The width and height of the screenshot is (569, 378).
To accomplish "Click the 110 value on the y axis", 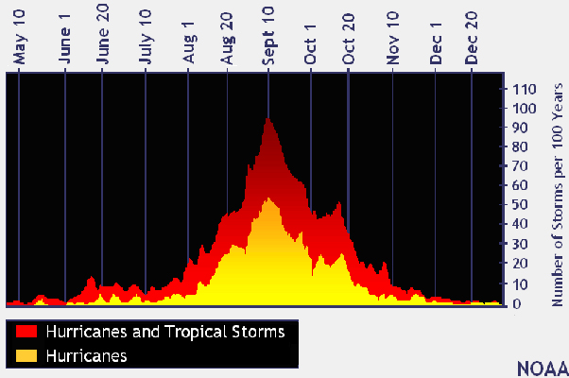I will click(525, 89).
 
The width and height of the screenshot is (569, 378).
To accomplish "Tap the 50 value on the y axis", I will click(521, 206).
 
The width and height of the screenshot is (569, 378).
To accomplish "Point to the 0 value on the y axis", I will click(517, 304).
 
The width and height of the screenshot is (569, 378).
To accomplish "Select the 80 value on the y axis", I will click(521, 147).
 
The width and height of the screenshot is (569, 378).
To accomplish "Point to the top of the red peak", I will click(268, 118).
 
